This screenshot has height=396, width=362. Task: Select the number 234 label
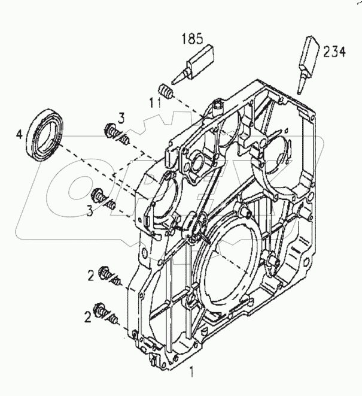coord(334,52)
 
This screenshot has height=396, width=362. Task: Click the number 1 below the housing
coord(191,372)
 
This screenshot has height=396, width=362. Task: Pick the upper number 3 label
coord(120,117)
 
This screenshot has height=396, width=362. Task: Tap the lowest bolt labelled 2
coord(108,314)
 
